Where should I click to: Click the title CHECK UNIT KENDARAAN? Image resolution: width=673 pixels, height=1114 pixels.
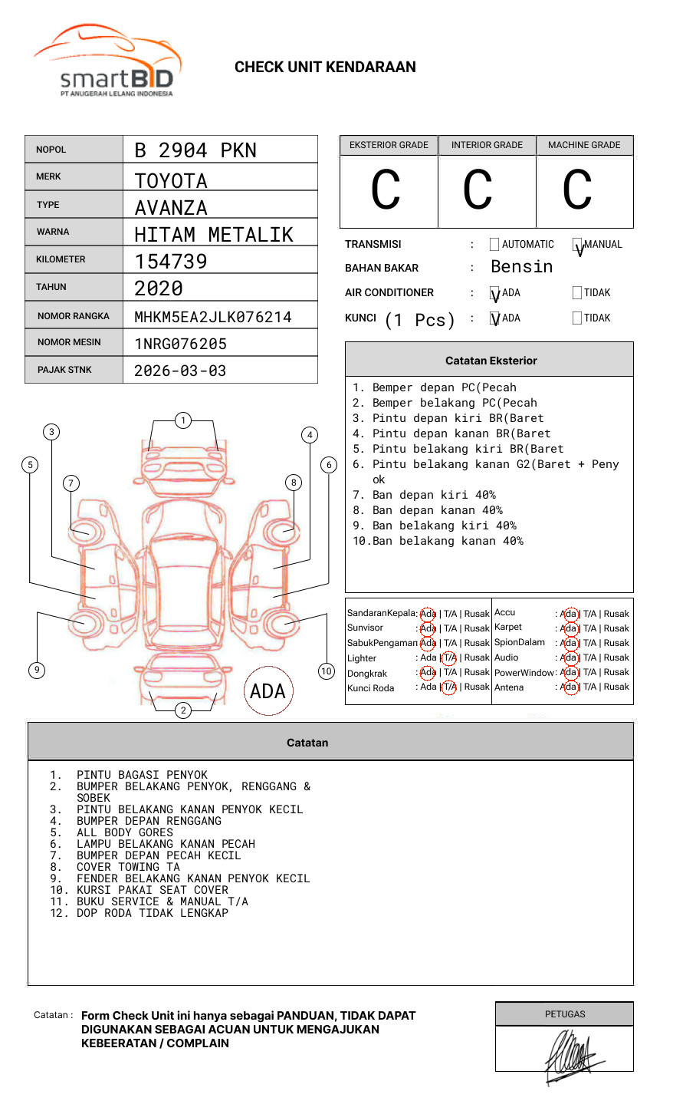click(x=325, y=68)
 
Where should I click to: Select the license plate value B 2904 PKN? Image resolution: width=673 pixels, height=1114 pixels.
click(x=195, y=150)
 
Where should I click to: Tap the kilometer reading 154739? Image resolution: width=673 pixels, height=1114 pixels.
click(x=171, y=262)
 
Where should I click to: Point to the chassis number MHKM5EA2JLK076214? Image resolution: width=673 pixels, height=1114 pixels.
click(x=213, y=317)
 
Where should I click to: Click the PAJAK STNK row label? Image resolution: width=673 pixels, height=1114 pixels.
click(x=64, y=370)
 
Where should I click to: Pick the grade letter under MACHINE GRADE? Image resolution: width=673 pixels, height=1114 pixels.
click(x=577, y=190)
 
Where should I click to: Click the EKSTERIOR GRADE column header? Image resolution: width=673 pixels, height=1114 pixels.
click(x=389, y=145)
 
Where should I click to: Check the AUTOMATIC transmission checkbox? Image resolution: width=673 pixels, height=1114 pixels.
click(x=494, y=245)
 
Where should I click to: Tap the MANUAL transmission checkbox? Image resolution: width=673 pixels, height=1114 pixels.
click(x=577, y=245)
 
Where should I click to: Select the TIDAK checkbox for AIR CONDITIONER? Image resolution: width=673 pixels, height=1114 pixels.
click(x=577, y=292)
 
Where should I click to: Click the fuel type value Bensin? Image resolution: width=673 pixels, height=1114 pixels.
click(x=521, y=267)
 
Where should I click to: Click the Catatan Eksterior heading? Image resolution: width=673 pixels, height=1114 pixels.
click(x=491, y=361)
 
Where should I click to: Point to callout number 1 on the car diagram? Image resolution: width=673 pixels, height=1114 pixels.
click(x=182, y=420)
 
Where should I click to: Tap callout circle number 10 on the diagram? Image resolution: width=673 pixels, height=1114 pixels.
click(x=327, y=671)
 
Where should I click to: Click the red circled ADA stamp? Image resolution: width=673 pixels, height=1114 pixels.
click(x=268, y=691)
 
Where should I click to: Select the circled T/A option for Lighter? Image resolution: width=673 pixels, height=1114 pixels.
click(x=449, y=658)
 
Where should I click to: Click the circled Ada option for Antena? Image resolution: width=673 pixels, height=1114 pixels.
click(x=569, y=687)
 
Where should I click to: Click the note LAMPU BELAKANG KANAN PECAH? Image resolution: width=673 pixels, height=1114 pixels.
click(x=166, y=844)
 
